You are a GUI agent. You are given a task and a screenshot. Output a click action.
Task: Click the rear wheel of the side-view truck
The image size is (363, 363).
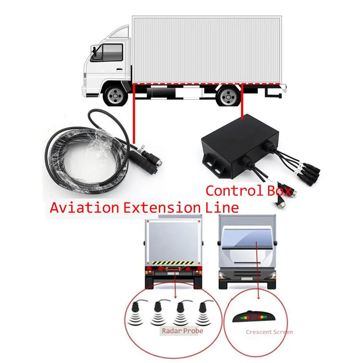point(228,97)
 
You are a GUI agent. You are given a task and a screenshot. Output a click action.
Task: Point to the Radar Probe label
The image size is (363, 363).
point(182,331)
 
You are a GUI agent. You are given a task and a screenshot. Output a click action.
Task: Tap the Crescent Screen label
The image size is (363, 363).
point(269,332)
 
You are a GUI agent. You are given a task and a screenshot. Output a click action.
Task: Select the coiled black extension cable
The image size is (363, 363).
point(87,160)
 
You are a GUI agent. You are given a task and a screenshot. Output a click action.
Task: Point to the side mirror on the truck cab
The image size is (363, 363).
point(93,51)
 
